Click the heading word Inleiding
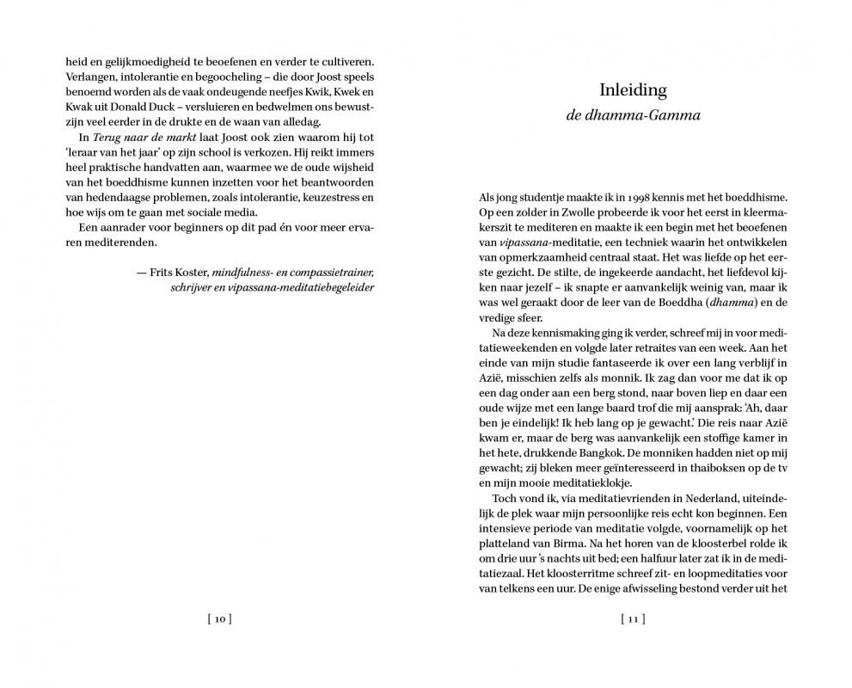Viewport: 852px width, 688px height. tap(633, 89)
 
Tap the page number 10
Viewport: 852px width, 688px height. tap(219, 618)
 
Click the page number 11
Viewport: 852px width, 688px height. tap(633, 618)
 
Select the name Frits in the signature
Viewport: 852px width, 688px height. tap(162, 272)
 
